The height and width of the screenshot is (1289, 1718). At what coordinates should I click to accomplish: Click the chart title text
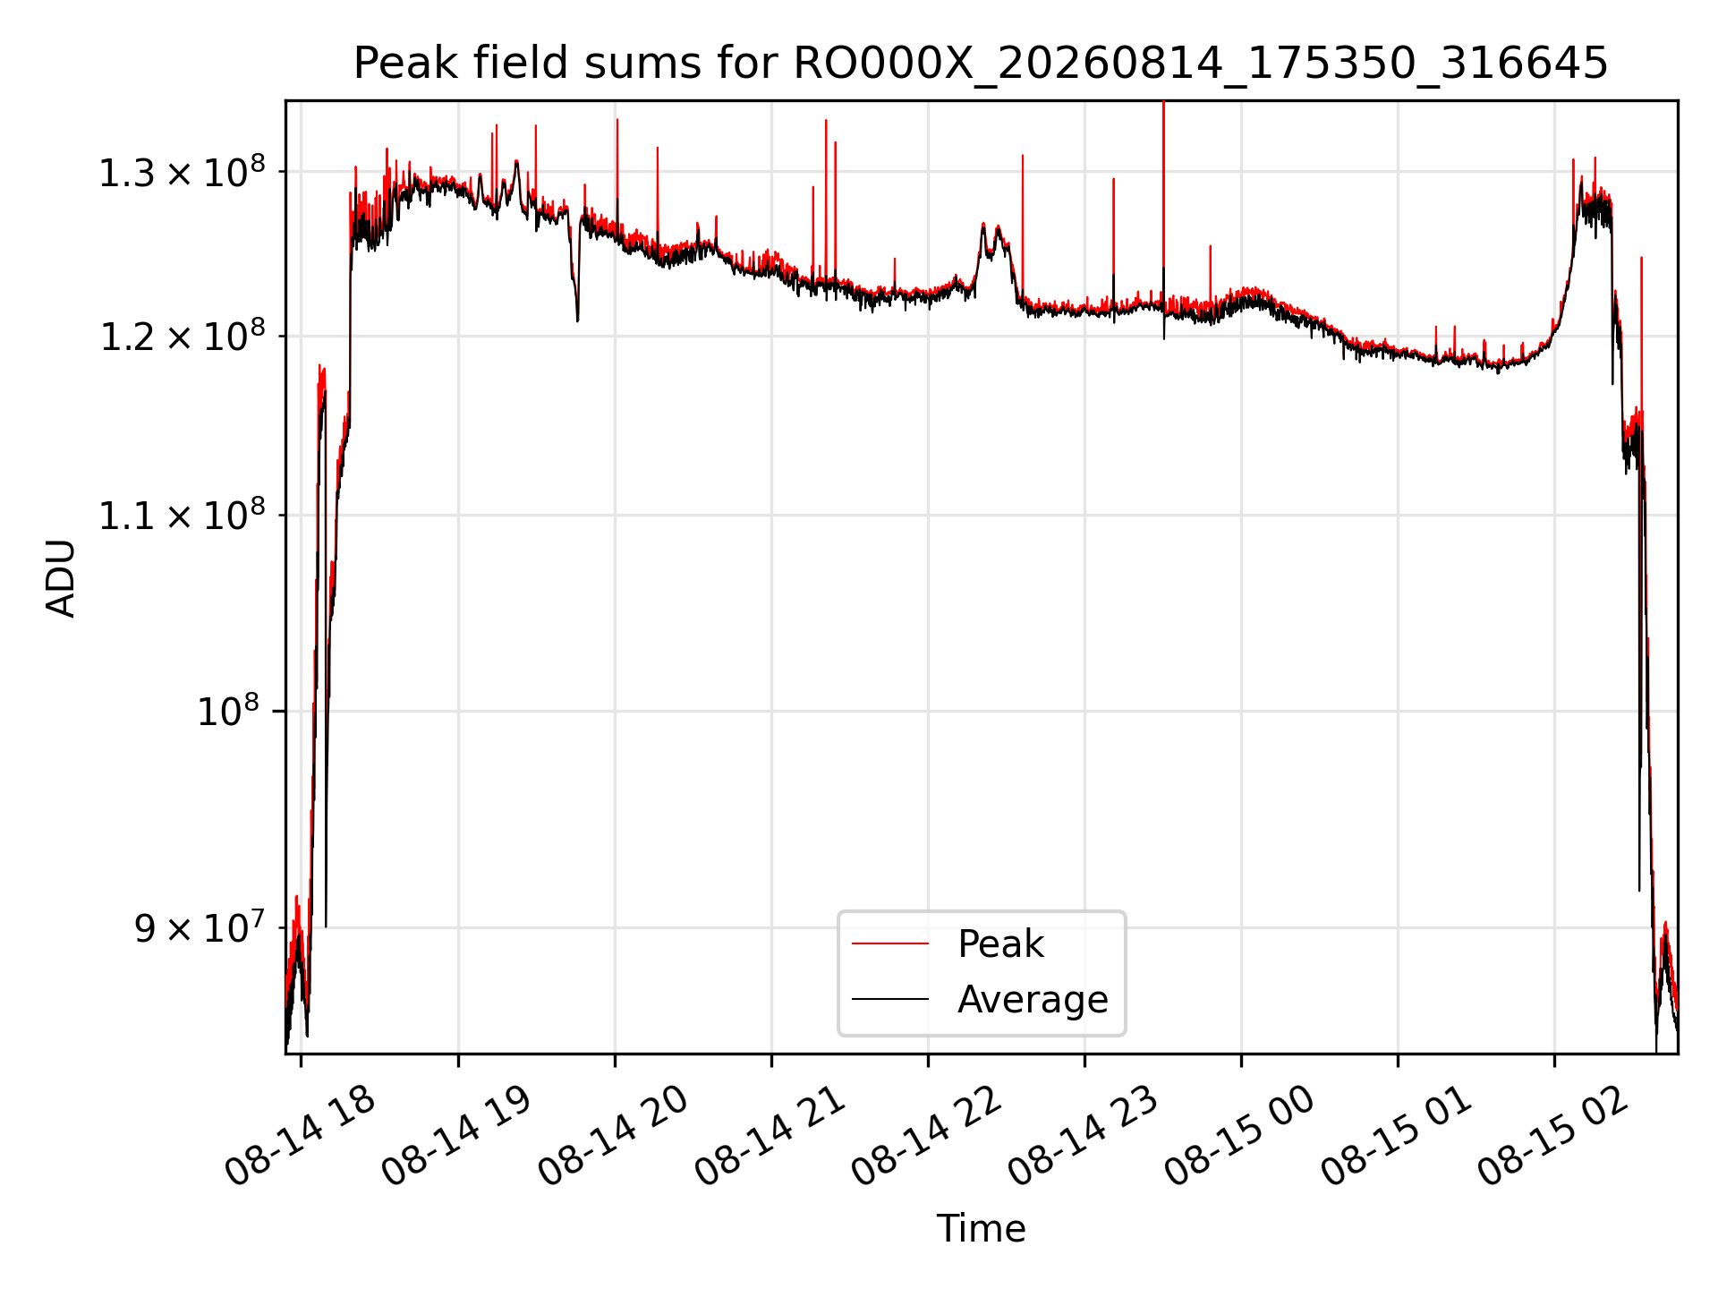point(981,64)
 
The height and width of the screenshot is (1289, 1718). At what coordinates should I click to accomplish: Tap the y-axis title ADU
point(61,577)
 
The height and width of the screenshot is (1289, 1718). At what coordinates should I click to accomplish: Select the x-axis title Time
point(981,1228)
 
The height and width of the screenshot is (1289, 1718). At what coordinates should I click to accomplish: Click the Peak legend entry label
point(1000,943)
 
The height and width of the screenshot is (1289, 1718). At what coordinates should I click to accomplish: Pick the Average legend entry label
point(1033,999)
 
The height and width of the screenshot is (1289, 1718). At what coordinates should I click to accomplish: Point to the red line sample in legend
point(890,943)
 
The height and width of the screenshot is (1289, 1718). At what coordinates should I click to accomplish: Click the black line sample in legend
point(890,999)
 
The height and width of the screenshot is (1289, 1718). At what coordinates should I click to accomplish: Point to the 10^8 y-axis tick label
point(228,711)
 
